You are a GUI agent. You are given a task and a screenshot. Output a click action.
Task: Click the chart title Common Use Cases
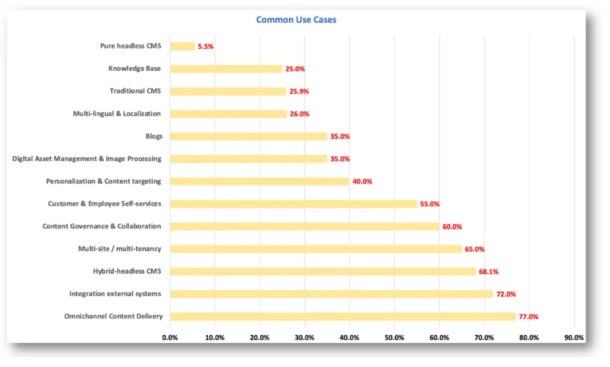pos(296,20)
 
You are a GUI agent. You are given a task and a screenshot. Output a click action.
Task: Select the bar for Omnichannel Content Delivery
pos(343,316)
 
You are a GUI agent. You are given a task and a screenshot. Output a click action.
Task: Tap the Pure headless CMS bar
pos(182,46)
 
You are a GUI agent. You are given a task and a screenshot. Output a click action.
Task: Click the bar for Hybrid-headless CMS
pos(323,271)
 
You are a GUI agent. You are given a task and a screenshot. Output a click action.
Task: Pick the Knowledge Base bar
pos(226,68)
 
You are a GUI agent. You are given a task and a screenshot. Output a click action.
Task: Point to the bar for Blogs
pos(248,136)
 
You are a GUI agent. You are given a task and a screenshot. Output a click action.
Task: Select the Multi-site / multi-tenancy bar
pos(316,249)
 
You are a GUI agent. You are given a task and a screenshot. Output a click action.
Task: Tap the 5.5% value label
pos(206,46)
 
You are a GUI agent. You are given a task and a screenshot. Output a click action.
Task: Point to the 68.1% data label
pos(488,272)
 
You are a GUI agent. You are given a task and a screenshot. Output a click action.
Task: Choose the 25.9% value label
pos(298,92)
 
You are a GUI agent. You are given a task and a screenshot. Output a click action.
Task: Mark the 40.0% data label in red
pos(362,181)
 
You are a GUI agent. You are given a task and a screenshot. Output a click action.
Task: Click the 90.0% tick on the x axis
pos(574,338)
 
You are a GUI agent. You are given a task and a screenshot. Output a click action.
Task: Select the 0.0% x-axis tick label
pos(170,338)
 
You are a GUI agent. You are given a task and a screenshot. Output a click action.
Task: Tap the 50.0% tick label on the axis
pos(394,338)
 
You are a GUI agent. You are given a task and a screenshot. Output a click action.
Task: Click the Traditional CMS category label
pos(135,91)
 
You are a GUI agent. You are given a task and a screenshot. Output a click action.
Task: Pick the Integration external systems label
pos(115,294)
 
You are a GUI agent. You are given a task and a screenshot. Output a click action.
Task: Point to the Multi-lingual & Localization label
pos(117,114)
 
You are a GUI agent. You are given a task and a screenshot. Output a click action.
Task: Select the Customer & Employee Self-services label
pos(104,203)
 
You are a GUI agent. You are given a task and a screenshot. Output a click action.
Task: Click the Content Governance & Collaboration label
pos(102,226)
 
